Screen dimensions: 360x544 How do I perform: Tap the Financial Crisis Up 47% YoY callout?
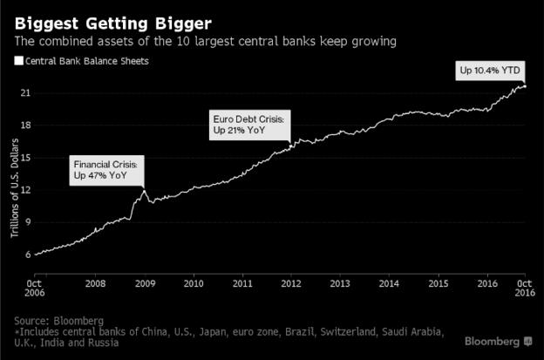point(105,170)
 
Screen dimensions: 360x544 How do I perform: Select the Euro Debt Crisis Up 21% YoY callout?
point(248,124)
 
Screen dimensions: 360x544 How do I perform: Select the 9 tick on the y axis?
point(28,222)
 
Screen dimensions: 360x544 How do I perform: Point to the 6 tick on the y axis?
point(28,255)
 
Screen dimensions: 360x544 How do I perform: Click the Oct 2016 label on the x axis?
point(523,289)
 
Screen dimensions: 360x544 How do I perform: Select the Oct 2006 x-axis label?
point(34,289)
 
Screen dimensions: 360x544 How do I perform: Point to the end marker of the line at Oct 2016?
point(524,86)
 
